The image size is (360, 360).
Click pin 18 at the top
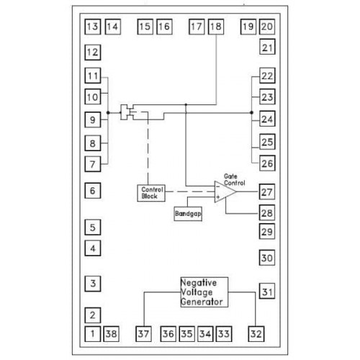pyautogui.click(x=216, y=27)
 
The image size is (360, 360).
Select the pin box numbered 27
pyautogui.click(x=267, y=192)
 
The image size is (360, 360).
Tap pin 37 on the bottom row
pyautogui.click(x=143, y=334)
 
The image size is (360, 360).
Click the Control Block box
pyautogui.click(x=151, y=193)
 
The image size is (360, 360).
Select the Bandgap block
pyautogui.click(x=188, y=214)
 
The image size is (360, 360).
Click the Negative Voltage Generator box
pyautogui.click(x=204, y=292)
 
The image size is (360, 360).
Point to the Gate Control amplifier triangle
pyautogui.click(x=225, y=192)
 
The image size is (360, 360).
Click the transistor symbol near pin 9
pyautogui.click(x=128, y=112)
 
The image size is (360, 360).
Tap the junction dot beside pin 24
pyautogui.click(x=251, y=112)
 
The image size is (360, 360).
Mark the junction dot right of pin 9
pyautogui.click(x=108, y=112)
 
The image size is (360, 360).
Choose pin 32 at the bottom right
pyautogui.click(x=256, y=334)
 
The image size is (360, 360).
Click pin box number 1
pyautogui.click(x=93, y=334)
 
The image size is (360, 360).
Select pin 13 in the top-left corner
pyautogui.click(x=93, y=27)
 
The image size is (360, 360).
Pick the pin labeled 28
pyautogui.click(x=267, y=212)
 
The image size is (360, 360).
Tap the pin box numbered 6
pyautogui.click(x=93, y=191)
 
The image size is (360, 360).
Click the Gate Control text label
pyautogui.click(x=234, y=180)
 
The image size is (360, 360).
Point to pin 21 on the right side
pyautogui.click(x=267, y=47)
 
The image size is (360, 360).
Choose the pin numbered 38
pyautogui.click(x=112, y=334)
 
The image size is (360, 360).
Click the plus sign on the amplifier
pyautogui.click(x=218, y=197)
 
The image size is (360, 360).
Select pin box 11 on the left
pyautogui.click(x=93, y=76)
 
